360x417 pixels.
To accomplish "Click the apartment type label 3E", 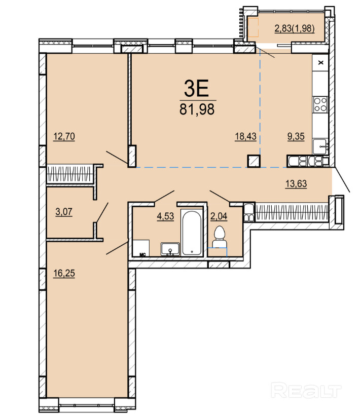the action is click(196, 88).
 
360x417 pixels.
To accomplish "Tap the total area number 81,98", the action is click(197, 109).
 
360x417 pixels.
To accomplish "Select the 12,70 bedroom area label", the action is click(64, 136).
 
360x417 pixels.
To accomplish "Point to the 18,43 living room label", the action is click(245, 136).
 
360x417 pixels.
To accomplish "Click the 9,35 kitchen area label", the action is click(296, 136).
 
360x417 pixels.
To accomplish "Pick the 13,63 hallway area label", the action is click(296, 183).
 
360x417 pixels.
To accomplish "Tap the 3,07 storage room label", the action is click(64, 212).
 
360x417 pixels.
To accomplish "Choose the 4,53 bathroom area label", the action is click(165, 216).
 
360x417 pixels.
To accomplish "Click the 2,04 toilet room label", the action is click(219, 216).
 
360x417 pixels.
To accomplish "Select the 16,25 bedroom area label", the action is click(64, 273).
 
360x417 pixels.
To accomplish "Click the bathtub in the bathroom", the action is click(192, 233).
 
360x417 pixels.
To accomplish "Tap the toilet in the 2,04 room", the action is click(220, 237).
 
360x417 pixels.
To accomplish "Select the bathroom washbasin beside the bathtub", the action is click(170, 249).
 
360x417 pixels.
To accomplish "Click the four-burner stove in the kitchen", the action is click(320, 104).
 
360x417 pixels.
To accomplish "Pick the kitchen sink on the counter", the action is click(320, 146).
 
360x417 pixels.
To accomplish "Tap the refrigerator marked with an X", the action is click(320, 63).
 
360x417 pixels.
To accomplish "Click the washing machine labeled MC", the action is click(141, 248).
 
